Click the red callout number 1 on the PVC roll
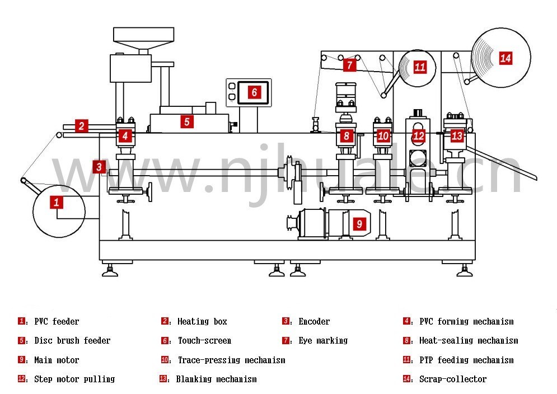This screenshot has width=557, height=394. tap(56, 202)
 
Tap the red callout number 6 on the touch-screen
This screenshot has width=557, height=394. tap(254, 92)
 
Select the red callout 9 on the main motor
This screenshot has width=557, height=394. tap(359, 224)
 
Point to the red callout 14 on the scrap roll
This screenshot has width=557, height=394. tap(505, 58)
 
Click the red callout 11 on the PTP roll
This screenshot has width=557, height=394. tap(420, 67)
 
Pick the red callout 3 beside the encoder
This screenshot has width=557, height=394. tap(99, 166)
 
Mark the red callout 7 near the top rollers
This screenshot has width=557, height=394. tap(349, 65)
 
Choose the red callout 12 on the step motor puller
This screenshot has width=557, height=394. tap(419, 135)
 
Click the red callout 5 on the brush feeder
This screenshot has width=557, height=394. tap(187, 121)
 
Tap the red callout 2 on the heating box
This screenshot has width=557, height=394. tap(81, 126)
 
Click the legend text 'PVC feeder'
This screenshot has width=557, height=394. tap(57, 322)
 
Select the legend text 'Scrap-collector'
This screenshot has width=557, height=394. tap(452, 379)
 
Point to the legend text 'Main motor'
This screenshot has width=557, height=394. tap(57, 360)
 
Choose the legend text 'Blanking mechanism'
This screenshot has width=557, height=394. tap(216, 379)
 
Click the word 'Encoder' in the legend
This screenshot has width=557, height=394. tap(314, 322)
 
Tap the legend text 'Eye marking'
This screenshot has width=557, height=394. tap(323, 341)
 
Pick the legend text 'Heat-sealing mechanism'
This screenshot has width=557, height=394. tap(468, 341)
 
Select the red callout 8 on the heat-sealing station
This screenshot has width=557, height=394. tap(347, 135)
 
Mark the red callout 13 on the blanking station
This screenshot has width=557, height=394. tap(457, 135)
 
